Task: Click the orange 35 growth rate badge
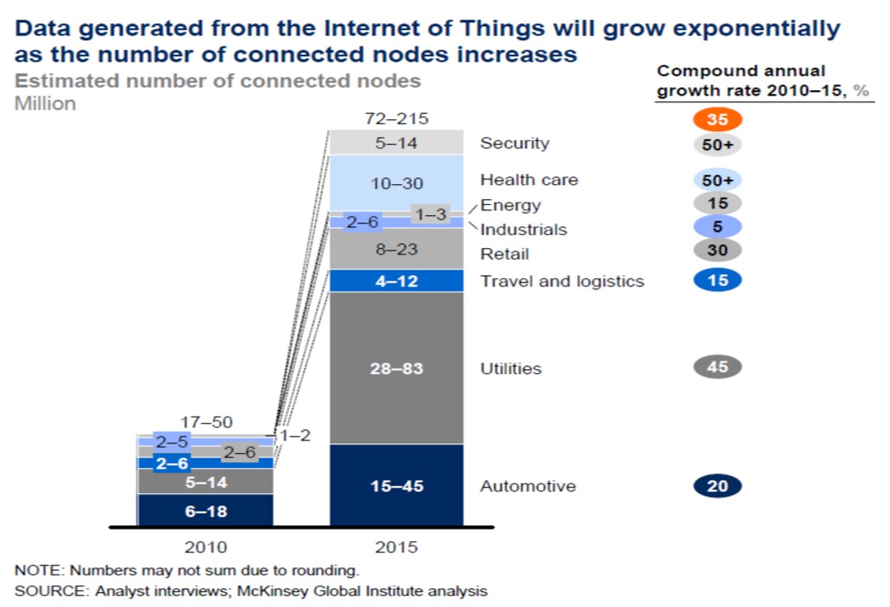717,120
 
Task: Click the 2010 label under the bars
206,547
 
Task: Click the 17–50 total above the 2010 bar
206,423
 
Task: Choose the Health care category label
529,180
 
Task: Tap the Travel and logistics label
562,281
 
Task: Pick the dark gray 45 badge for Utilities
717,367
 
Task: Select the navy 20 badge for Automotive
717,486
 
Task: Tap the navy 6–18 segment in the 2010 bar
206,511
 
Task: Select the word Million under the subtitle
45,103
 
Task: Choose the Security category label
515,143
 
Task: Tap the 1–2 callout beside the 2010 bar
296,435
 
